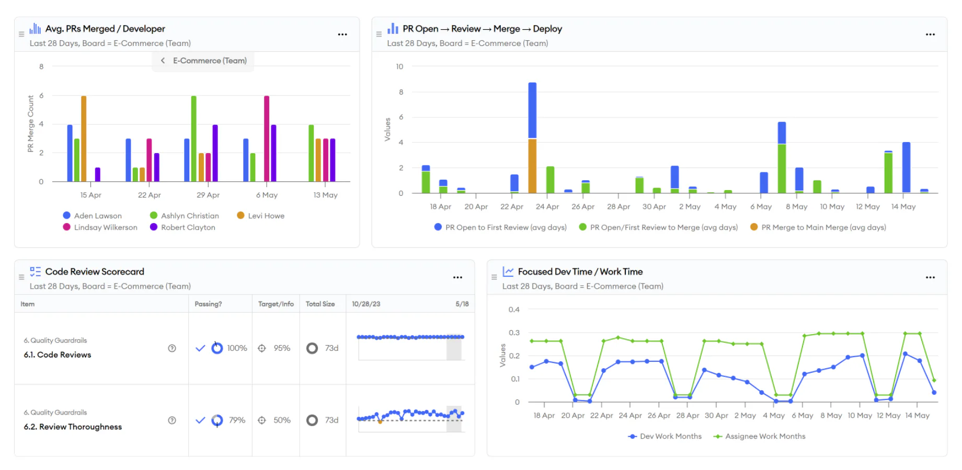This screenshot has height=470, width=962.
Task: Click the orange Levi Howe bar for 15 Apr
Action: [x=84, y=138]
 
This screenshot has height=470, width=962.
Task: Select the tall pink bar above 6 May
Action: [x=267, y=138]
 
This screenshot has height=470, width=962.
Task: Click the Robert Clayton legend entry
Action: [x=188, y=228]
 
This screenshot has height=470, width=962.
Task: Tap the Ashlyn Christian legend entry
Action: [x=189, y=216]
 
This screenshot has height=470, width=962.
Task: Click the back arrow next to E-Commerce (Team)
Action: [x=163, y=61]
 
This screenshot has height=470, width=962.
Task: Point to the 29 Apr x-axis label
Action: [x=208, y=195]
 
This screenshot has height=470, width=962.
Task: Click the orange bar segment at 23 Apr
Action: [x=532, y=166]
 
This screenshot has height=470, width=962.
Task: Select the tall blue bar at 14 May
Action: [x=906, y=167]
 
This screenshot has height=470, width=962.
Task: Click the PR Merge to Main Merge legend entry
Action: [x=823, y=228]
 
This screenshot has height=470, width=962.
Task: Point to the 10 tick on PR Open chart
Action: [x=399, y=66]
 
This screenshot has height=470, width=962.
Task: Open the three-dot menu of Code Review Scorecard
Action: [x=457, y=277]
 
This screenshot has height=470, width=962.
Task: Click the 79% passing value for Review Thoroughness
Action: [x=237, y=420]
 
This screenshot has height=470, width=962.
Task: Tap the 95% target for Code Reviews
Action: [x=282, y=348]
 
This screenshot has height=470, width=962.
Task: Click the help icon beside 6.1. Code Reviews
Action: [x=172, y=348]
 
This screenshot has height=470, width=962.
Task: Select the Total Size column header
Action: [x=320, y=304]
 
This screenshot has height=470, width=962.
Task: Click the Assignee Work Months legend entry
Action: [x=764, y=437]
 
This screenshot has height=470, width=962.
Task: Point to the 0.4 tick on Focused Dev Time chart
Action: [x=514, y=310]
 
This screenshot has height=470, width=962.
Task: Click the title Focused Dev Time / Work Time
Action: [x=580, y=272]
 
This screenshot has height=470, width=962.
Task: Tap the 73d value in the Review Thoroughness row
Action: [x=331, y=420]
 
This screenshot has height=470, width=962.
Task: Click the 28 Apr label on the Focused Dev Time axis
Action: [x=687, y=416]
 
